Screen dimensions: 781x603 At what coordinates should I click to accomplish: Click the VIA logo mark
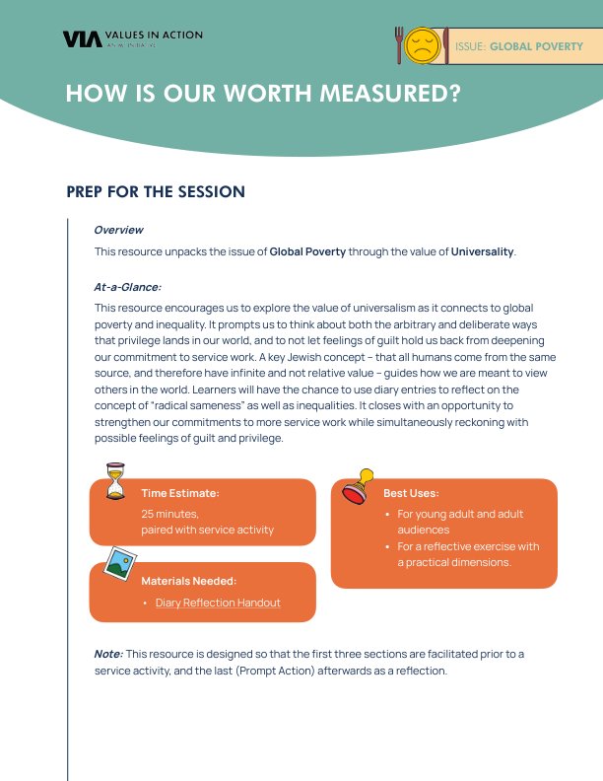[x=77, y=39]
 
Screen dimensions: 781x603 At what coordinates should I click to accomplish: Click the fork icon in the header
[x=399, y=45]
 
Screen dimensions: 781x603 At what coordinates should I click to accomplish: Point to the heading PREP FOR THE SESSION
[x=156, y=191]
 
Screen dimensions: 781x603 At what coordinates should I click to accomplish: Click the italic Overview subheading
[x=118, y=230]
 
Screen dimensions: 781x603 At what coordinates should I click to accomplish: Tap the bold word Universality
[x=482, y=251]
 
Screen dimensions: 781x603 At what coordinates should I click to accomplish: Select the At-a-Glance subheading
[x=127, y=287]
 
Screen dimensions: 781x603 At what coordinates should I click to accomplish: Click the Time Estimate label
[x=180, y=493]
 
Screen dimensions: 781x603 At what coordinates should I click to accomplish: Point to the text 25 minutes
[x=170, y=514]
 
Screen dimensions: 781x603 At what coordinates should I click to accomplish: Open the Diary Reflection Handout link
[x=218, y=603]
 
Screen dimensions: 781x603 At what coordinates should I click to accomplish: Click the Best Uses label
[x=411, y=493]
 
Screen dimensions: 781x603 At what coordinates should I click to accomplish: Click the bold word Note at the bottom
[x=107, y=654]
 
